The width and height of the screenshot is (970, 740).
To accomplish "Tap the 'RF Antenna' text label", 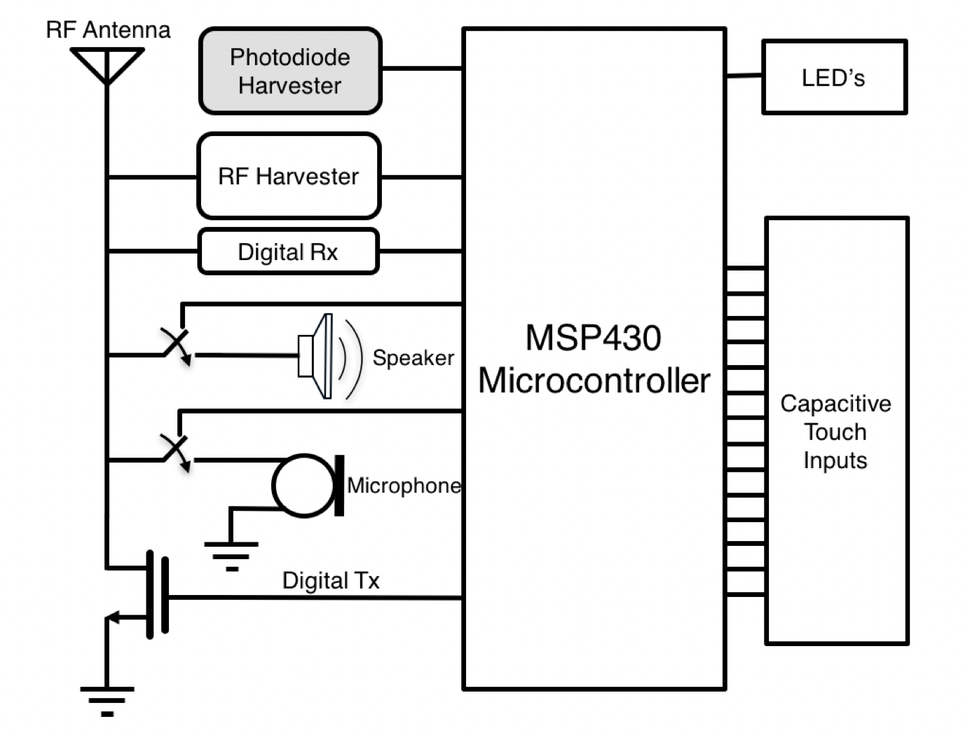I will point(108,30).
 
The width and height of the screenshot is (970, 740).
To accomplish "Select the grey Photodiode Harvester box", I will point(290,71).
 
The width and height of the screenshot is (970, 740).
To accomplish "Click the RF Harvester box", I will point(289,176).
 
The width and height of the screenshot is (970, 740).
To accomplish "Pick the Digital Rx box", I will point(288,252).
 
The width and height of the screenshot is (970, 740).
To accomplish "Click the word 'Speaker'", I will point(413,357).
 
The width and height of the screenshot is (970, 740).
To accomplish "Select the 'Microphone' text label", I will point(404,486).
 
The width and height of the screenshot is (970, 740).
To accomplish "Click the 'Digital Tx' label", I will point(330,580).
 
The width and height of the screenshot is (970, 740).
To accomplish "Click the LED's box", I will point(834,77).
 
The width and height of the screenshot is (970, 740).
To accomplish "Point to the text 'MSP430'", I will point(593,338).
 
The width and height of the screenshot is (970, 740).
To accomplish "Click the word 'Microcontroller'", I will point(594,381).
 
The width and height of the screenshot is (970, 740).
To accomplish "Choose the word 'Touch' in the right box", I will point(835,432).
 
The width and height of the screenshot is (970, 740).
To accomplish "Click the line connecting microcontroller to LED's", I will point(744,75).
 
